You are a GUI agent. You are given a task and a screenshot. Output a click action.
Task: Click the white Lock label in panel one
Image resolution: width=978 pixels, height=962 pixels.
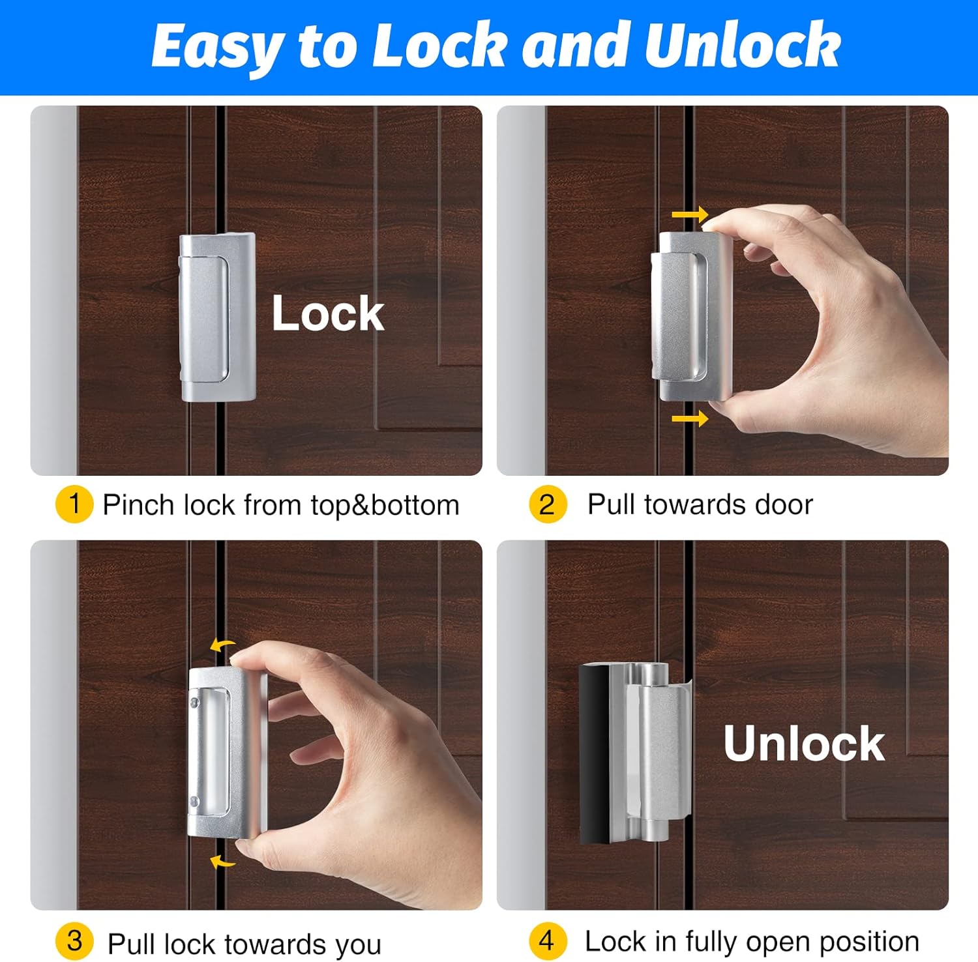pyautogui.click(x=328, y=314)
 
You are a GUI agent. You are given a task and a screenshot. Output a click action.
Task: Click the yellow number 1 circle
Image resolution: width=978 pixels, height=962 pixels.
pyautogui.click(x=74, y=504)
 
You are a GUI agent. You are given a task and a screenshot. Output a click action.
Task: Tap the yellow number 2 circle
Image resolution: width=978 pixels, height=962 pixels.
pyautogui.click(x=547, y=504)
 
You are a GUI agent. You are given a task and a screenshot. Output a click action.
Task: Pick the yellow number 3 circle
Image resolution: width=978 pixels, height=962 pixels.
pyautogui.click(x=74, y=941)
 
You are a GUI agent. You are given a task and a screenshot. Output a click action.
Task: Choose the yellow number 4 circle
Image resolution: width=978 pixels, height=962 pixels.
pyautogui.click(x=547, y=941)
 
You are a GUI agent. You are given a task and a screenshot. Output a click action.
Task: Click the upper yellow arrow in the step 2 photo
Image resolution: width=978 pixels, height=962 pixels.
pyautogui.click(x=690, y=214)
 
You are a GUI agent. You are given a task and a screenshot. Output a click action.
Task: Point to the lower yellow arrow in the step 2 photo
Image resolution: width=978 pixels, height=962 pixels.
pyautogui.click(x=690, y=418)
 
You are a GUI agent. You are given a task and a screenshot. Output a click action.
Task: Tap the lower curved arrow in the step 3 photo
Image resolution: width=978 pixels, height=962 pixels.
pyautogui.click(x=222, y=862)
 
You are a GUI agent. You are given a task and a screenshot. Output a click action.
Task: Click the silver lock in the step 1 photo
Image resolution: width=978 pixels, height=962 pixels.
pyautogui.click(x=217, y=317)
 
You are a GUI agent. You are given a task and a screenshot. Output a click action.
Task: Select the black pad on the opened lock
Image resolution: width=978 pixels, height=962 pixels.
pyautogui.click(x=593, y=754)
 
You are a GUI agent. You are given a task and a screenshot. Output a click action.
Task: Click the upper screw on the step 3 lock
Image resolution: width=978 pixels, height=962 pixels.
pyautogui.click(x=194, y=702)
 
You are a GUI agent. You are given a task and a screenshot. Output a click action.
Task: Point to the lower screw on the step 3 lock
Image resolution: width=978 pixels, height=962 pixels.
pyautogui.click(x=194, y=800)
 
